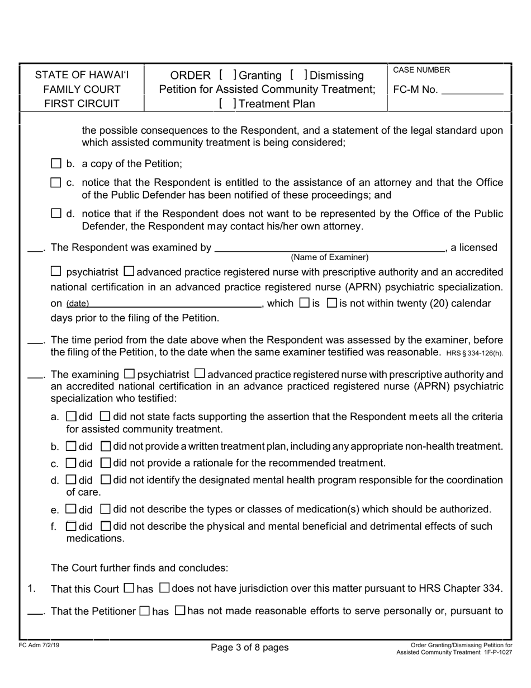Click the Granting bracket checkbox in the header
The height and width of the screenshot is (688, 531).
(227, 75)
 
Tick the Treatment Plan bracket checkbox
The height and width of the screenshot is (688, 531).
(228, 103)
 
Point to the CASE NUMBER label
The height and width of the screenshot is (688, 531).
(421, 70)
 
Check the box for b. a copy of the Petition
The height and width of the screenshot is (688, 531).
(55, 164)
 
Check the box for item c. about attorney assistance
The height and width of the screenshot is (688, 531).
(55, 182)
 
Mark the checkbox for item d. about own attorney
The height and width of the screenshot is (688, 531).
(55, 213)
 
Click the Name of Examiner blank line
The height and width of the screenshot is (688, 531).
(329, 247)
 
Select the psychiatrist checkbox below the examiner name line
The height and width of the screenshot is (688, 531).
(56, 272)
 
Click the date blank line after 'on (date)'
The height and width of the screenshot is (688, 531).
(176, 304)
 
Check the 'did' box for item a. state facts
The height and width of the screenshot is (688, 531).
(71, 417)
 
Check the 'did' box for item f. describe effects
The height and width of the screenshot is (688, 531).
(71, 526)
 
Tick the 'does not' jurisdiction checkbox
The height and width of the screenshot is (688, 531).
(164, 588)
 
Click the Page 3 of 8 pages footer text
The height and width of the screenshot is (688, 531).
(250, 648)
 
